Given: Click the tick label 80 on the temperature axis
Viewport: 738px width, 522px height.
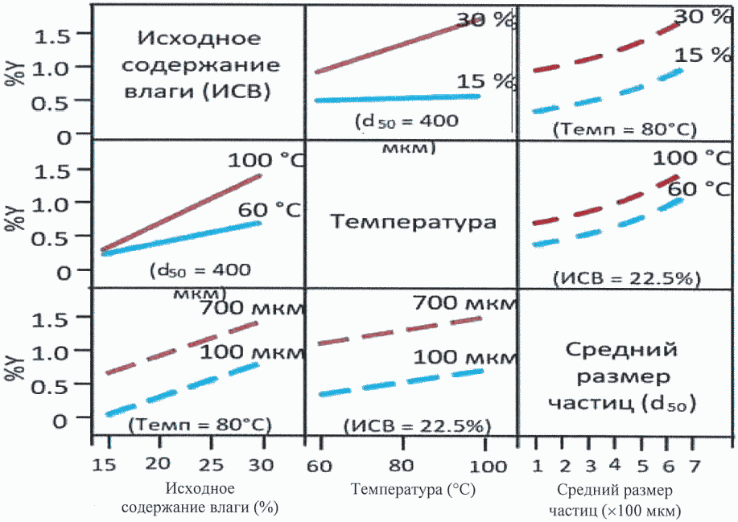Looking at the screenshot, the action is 400,466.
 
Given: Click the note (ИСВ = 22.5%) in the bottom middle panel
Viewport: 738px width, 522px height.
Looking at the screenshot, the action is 418,424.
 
